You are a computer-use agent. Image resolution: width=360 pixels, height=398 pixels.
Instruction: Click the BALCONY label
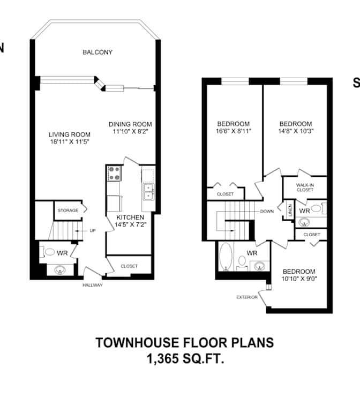tap(97, 52)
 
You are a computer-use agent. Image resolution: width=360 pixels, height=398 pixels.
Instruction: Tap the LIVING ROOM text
tap(70, 134)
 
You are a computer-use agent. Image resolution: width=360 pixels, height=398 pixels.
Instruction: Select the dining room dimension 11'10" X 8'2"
tap(131, 131)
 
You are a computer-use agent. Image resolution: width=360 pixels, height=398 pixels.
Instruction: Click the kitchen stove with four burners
tap(114, 174)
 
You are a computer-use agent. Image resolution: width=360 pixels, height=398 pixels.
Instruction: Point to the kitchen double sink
tap(148, 192)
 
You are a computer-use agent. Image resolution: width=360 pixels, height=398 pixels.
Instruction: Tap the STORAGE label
tap(68, 211)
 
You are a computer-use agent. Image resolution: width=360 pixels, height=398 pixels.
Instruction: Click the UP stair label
tap(93, 231)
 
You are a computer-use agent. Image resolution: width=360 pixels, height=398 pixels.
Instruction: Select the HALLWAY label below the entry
tap(93, 286)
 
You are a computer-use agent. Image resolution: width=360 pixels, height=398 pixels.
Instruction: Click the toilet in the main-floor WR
tap(48, 252)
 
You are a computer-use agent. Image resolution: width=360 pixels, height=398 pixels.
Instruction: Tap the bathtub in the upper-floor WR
tap(226, 257)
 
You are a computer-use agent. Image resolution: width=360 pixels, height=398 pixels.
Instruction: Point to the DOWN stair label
tap(267, 212)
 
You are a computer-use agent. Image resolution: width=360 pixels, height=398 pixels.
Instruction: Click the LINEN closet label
tap(290, 211)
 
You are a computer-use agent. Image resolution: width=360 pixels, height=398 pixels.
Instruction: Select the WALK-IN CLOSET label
tap(305, 187)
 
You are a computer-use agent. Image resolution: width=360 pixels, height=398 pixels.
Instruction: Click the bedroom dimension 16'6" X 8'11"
tap(234, 131)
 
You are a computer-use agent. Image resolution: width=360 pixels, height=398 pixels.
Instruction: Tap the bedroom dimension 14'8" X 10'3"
tap(296, 131)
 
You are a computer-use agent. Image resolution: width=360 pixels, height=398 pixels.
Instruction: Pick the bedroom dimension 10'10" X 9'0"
tap(299, 279)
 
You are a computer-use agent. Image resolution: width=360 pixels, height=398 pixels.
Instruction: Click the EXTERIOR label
tap(247, 297)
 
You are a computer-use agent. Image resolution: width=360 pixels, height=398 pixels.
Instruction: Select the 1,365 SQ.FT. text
tap(185, 359)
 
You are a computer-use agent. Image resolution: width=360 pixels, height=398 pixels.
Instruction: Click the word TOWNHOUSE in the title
tap(137, 343)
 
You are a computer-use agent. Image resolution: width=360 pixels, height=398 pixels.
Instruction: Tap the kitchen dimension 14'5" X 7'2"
tap(131, 224)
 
